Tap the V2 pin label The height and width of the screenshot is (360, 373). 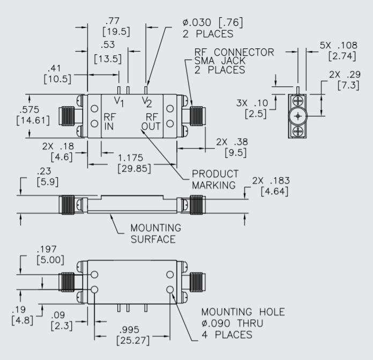click(x=146, y=101)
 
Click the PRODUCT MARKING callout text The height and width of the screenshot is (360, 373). click(x=214, y=180)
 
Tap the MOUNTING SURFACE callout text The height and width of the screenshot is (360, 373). click(x=156, y=233)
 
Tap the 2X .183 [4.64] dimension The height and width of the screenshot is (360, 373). click(x=270, y=185)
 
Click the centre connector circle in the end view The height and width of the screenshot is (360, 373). click(x=299, y=116)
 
